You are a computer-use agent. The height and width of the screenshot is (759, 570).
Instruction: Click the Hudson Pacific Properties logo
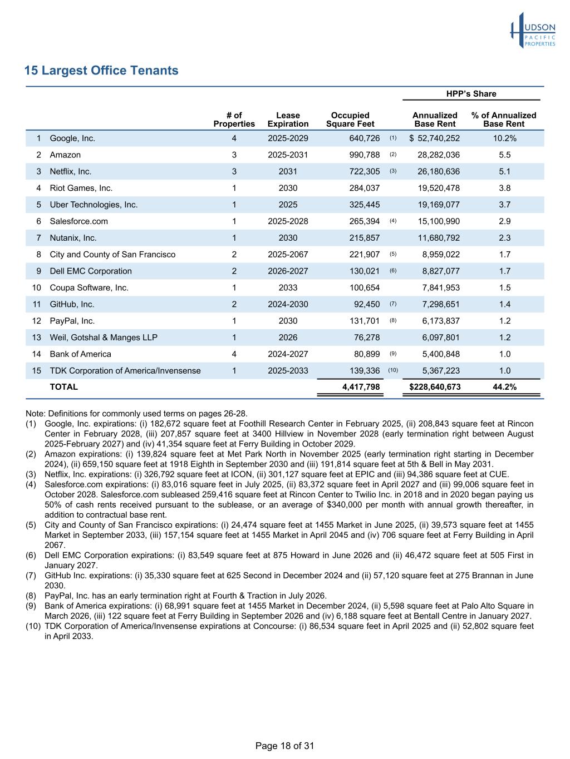click(x=533, y=31)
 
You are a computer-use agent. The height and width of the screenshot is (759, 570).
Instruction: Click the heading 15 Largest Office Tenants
click(x=101, y=71)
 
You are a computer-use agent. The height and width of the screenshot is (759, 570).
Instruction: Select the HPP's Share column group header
click(x=471, y=94)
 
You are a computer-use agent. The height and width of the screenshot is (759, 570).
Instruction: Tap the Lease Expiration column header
click(x=288, y=120)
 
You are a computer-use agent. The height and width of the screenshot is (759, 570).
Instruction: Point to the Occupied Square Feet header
click(x=350, y=120)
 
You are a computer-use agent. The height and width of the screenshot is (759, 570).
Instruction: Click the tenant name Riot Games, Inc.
click(x=81, y=188)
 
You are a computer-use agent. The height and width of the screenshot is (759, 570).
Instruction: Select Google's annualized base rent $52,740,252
click(x=435, y=138)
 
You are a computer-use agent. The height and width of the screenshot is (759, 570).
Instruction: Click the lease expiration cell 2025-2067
click(x=288, y=255)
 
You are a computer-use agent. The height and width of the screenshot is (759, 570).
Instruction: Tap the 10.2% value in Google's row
click(x=504, y=138)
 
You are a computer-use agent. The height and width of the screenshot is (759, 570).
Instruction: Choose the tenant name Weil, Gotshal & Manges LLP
click(x=104, y=338)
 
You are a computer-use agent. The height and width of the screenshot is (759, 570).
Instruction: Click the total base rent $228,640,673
click(x=435, y=387)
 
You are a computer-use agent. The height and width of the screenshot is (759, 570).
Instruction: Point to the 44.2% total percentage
click(x=504, y=387)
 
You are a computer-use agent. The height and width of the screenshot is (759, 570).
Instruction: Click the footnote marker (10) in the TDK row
click(x=393, y=370)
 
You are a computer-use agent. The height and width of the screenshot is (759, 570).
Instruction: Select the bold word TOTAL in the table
click(x=64, y=387)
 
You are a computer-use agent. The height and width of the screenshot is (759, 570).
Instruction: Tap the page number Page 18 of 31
click(x=284, y=746)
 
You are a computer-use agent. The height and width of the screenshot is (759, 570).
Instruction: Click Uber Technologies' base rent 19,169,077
click(x=439, y=205)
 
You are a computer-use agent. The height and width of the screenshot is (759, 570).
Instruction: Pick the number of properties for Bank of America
click(x=234, y=354)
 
